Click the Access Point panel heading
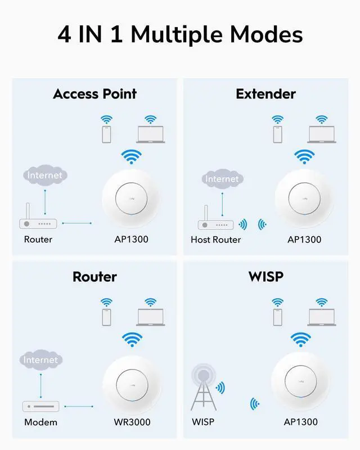point(94,93)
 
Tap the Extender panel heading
point(265,93)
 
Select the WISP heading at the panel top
point(266,276)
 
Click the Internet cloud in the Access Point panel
point(44,175)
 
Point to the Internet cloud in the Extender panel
point(222,179)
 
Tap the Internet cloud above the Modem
point(41,359)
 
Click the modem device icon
point(40,406)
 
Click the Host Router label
point(215,240)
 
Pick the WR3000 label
point(132,422)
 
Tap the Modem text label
point(40,422)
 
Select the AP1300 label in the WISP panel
point(300,422)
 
